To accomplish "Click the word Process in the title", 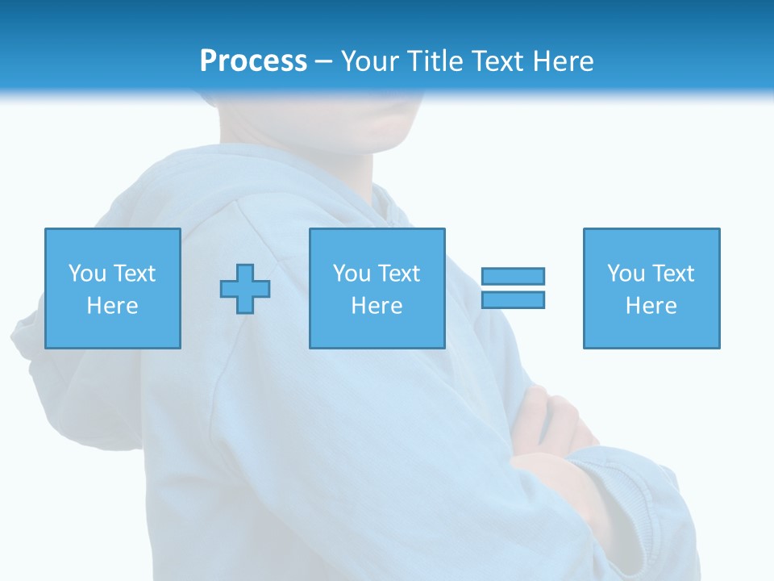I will click(253, 61).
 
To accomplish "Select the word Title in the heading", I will click(435, 61).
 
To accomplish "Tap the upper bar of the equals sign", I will click(513, 276).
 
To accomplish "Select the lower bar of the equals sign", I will click(513, 299).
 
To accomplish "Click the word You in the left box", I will click(87, 274).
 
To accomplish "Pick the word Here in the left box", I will click(112, 306).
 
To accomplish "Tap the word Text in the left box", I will click(134, 274).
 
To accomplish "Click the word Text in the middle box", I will click(398, 274).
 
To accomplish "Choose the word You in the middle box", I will click(352, 274).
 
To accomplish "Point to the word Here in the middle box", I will click(377, 306).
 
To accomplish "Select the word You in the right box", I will click(626, 274).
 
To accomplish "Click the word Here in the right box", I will click(651, 306).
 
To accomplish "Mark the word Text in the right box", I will click(672, 274).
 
